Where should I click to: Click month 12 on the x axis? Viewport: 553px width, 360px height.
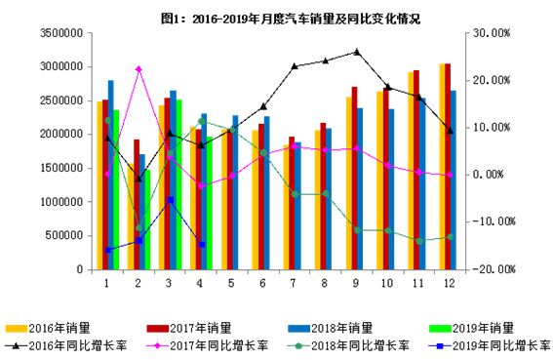(x=449, y=283)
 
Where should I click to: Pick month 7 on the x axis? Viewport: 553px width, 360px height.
(x=294, y=283)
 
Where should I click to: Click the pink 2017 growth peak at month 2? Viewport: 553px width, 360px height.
(x=138, y=69)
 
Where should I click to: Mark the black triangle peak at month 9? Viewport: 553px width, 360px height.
(x=356, y=52)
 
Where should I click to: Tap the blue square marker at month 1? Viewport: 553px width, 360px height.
(x=107, y=250)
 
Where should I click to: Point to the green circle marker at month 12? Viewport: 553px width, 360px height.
(x=449, y=236)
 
